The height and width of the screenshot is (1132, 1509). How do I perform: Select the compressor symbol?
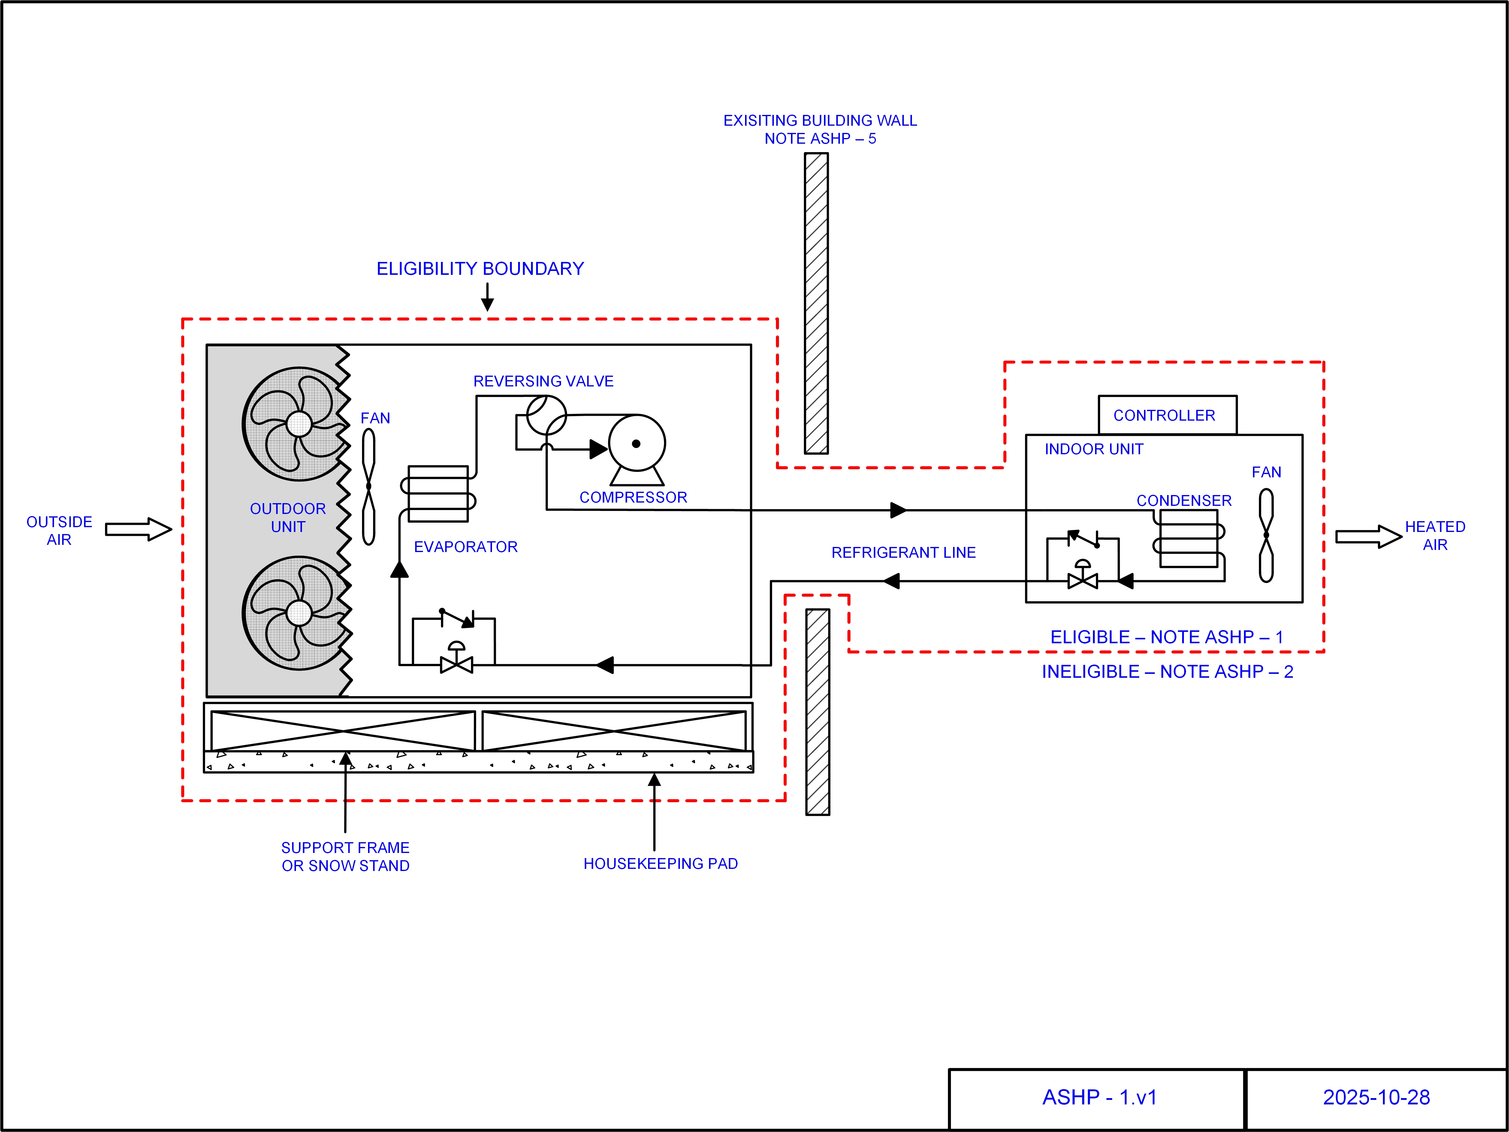click(x=636, y=445)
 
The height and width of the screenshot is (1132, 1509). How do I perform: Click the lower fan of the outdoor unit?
click(x=298, y=612)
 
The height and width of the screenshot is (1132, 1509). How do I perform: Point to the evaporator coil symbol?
click(x=438, y=494)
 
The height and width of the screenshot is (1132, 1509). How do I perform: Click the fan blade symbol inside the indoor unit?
click(x=1266, y=535)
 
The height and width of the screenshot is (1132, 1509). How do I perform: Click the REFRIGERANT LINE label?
click(x=903, y=552)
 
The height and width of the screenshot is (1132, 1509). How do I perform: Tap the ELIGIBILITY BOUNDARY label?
click(x=480, y=269)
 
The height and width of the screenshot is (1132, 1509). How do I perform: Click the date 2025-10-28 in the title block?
click(x=1376, y=1097)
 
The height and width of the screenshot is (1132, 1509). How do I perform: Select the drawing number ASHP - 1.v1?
click(x=1099, y=1097)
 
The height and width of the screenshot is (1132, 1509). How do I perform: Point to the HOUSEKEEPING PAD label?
click(x=660, y=863)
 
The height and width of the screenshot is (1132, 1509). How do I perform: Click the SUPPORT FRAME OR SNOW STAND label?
click(x=345, y=857)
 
